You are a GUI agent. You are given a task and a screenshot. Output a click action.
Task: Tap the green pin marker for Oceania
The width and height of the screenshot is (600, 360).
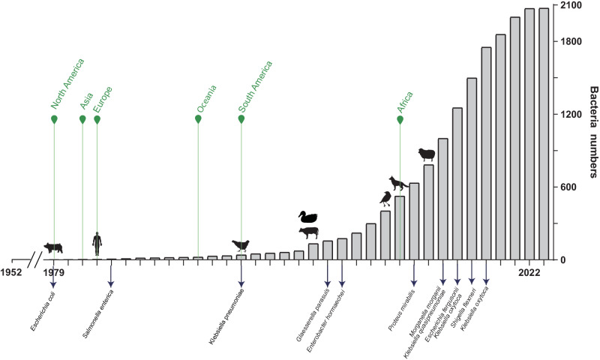(198, 118)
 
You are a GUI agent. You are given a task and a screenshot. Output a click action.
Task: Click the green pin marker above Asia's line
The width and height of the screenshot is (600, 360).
(82, 118)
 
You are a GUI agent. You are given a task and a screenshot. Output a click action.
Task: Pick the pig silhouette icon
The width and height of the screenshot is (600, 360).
(53, 247)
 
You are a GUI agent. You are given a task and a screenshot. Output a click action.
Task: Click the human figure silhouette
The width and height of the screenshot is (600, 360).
(97, 244)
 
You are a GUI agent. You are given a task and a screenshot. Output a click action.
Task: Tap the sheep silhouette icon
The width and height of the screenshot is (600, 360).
(426, 154)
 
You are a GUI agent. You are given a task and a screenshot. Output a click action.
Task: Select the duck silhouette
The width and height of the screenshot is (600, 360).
(307, 217)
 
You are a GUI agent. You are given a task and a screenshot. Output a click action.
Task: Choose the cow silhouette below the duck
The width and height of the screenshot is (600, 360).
(307, 232)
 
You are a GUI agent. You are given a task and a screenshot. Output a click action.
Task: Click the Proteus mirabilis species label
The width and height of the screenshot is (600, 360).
(400, 308)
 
